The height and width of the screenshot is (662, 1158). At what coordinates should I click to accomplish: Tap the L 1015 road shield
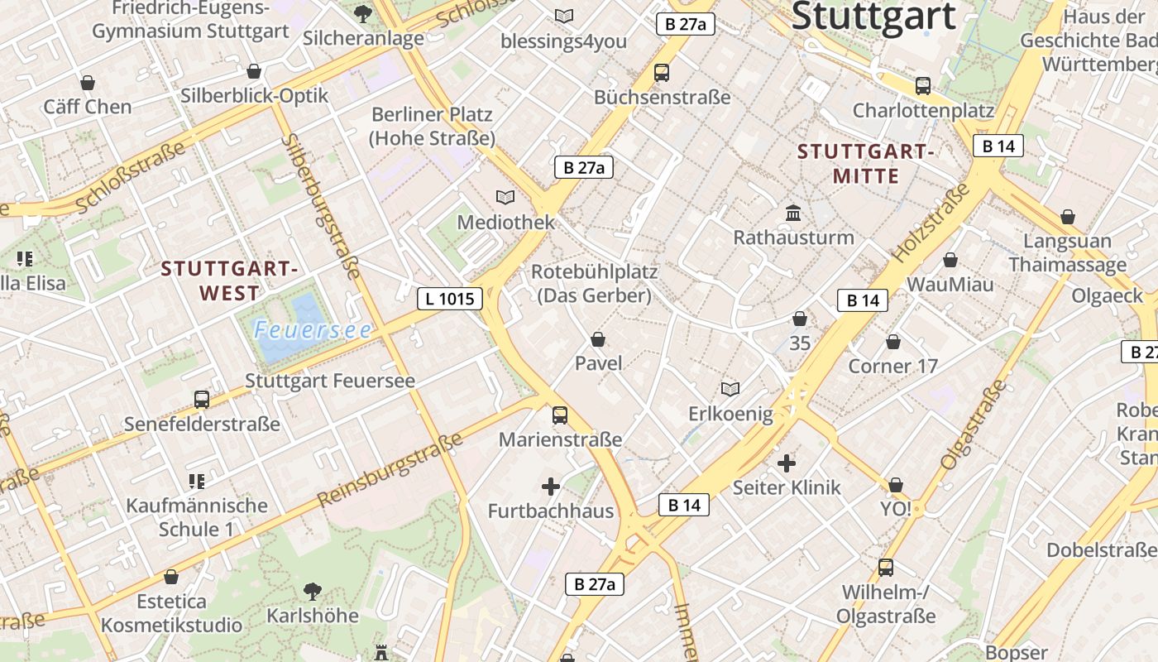click(450, 299)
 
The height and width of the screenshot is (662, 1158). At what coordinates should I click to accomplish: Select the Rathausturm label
click(793, 237)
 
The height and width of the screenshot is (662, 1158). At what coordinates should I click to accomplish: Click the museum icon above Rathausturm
click(793, 213)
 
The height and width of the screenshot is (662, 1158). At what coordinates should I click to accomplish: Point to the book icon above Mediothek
click(505, 197)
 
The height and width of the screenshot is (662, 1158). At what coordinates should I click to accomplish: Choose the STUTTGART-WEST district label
click(229, 281)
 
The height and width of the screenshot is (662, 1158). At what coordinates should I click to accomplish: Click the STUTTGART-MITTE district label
click(865, 163)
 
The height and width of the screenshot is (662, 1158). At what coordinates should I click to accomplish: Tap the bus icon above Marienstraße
click(560, 415)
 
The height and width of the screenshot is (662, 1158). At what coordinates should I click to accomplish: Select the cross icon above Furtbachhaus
click(551, 487)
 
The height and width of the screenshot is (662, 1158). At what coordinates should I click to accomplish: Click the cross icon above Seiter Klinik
click(787, 463)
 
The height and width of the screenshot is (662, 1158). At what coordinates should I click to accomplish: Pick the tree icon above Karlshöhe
click(313, 591)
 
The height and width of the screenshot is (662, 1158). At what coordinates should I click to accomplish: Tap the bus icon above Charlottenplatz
click(923, 85)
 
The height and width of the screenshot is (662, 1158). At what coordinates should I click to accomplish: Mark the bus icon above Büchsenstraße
click(662, 73)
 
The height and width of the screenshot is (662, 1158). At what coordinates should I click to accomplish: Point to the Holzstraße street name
click(931, 224)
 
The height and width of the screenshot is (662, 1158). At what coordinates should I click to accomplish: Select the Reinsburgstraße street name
click(390, 469)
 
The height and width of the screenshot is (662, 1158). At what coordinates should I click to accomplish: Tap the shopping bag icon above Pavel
click(598, 339)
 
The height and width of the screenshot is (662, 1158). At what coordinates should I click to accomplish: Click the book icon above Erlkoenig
click(730, 389)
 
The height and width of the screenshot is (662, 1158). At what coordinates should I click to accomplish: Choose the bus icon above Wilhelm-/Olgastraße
click(886, 568)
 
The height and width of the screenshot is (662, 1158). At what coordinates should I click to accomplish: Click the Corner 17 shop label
click(892, 366)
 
